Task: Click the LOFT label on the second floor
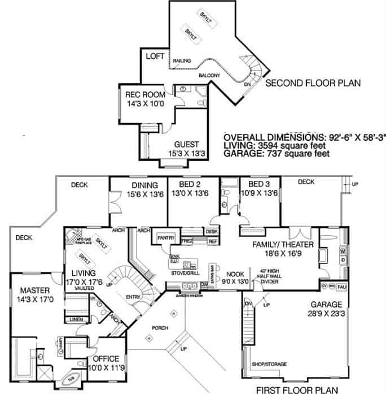coord(154,57)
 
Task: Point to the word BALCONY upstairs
coord(210,75)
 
